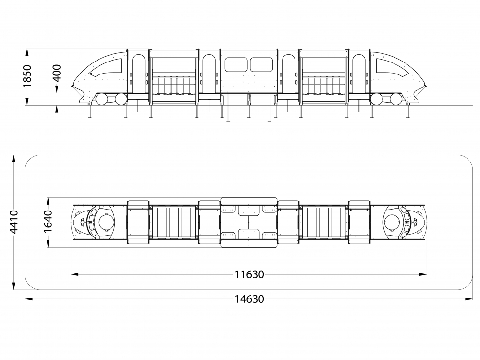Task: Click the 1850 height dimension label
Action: pos(27,76)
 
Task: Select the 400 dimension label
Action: pos(57,73)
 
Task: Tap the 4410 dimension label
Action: pos(14,222)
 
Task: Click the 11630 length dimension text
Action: pos(249,274)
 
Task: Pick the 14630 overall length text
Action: pos(249,299)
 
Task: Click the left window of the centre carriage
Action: pos(236,64)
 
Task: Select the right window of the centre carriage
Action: pos(261,64)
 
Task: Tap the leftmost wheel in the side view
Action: pos(101,99)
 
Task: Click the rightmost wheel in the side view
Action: pos(396,99)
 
